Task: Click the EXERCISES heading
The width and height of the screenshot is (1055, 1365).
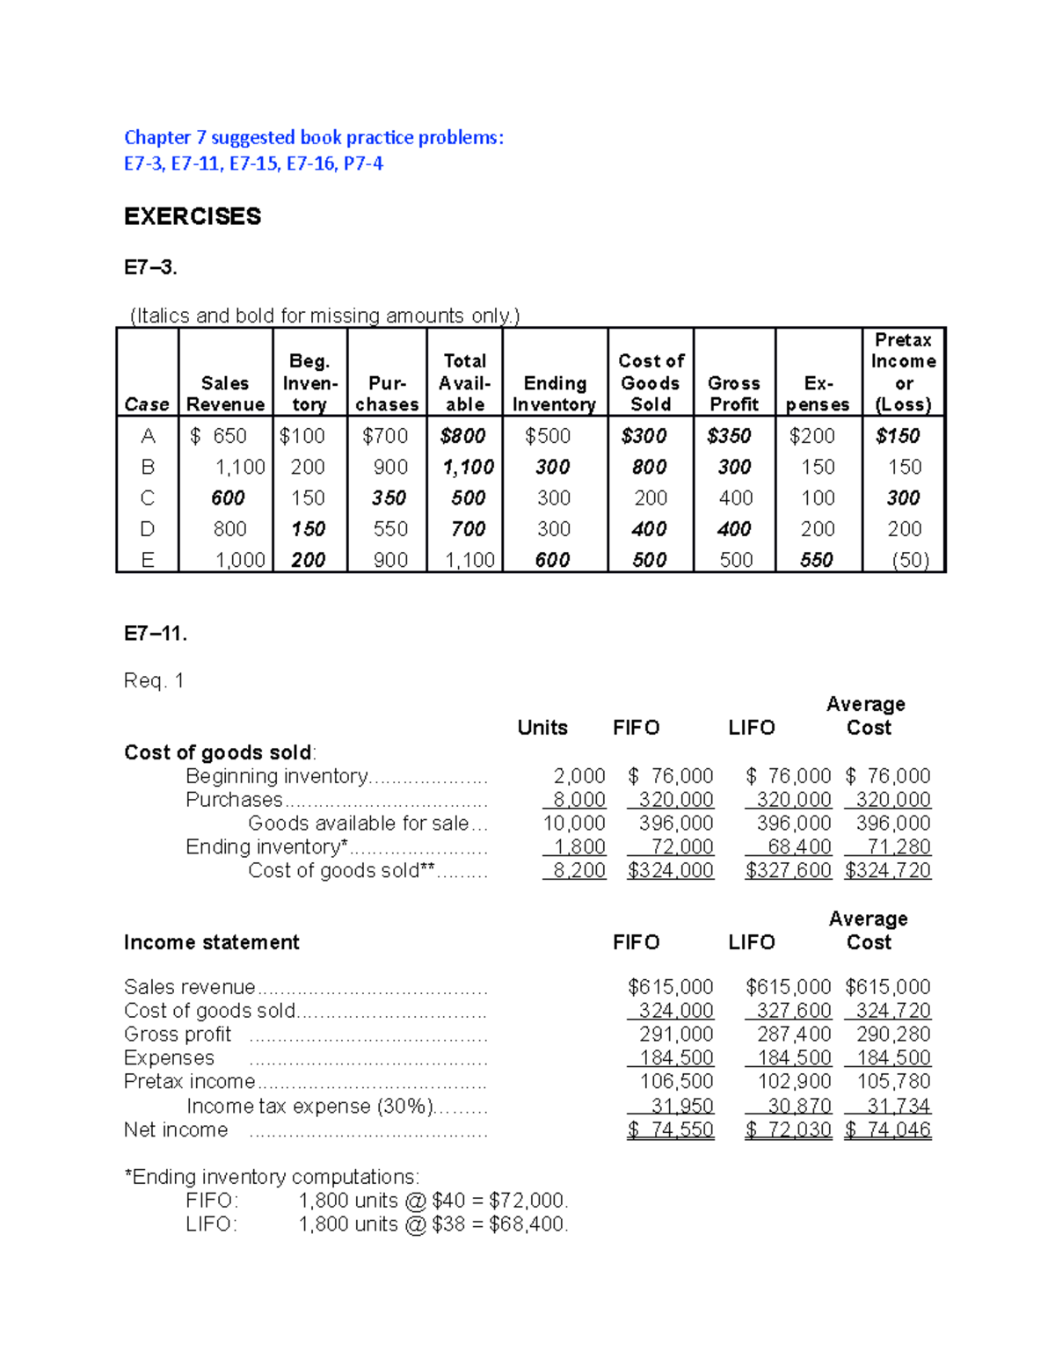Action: tap(193, 216)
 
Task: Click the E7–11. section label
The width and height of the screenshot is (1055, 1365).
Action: tap(155, 634)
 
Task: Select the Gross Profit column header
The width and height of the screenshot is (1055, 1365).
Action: tap(734, 393)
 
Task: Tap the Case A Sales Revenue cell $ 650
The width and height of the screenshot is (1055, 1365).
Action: tap(220, 436)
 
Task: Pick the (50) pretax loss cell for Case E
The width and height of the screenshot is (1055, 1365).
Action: tap(910, 560)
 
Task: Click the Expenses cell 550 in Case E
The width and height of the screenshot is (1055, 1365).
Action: tap(817, 560)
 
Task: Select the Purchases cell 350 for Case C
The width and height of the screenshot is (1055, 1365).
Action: tap(389, 498)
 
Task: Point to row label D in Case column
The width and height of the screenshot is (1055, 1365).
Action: tap(147, 529)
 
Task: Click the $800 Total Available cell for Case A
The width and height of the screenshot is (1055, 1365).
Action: tap(463, 436)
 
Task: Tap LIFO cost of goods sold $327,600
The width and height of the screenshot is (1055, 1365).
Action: tap(788, 870)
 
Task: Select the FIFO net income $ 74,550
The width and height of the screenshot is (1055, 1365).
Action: tap(671, 1129)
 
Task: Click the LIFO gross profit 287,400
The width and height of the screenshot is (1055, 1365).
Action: tap(794, 1035)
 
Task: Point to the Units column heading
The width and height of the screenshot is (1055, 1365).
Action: tap(542, 728)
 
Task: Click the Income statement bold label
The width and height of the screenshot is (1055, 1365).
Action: tap(212, 942)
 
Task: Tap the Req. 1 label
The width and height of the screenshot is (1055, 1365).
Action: tap(154, 680)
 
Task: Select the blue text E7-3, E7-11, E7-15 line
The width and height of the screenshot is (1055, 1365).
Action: tap(253, 163)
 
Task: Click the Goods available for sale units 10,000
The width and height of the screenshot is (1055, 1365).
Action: tap(574, 824)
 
